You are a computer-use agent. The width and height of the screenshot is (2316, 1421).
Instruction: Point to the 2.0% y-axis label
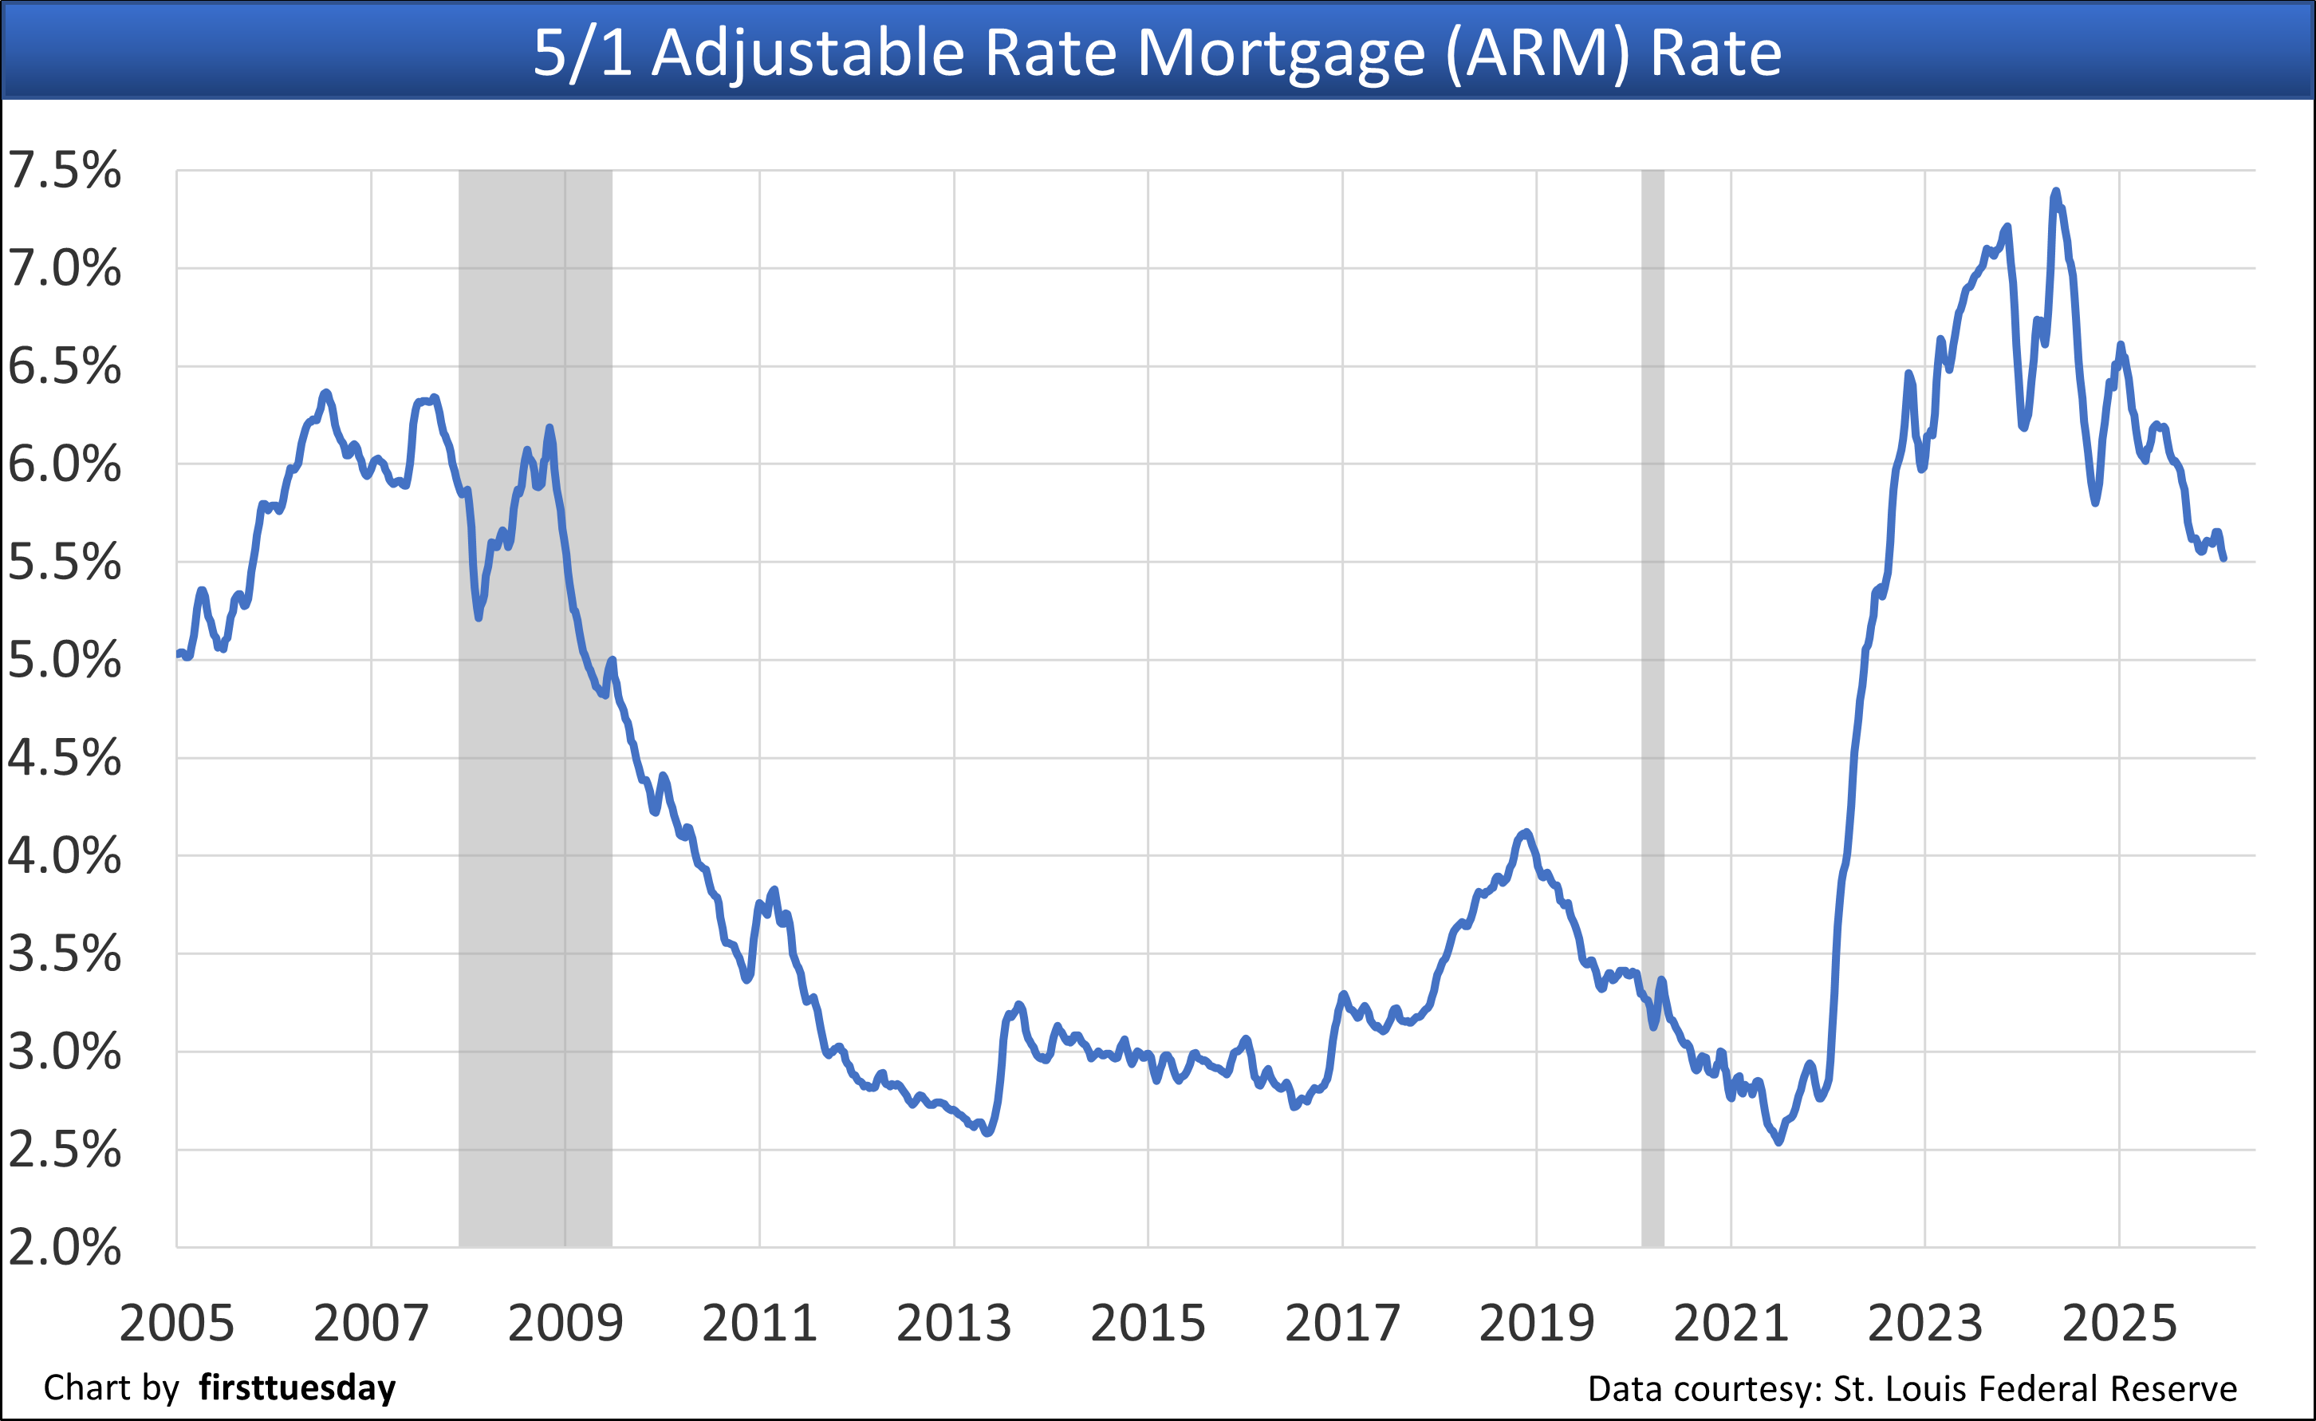(x=64, y=1247)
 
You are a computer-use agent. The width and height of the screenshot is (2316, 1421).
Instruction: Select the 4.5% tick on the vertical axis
(x=64, y=757)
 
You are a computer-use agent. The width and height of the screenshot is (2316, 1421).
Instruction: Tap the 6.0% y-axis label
(x=64, y=464)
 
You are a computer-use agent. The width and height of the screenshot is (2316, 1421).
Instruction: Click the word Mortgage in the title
(x=1281, y=53)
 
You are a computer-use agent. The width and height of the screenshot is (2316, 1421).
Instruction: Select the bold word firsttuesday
(x=297, y=1388)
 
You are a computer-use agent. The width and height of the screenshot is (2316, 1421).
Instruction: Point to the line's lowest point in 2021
(x=1778, y=1142)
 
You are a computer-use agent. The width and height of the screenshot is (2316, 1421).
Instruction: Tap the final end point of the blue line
(x=2223, y=559)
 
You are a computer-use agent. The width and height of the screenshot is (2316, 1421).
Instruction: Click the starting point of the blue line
(x=179, y=653)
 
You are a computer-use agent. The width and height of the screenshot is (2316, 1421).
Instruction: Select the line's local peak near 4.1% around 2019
(x=1526, y=832)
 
